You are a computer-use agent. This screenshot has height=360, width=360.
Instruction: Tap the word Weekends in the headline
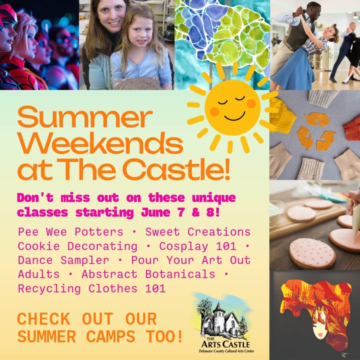[100, 143]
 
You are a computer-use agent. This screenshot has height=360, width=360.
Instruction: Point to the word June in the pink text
[155, 212]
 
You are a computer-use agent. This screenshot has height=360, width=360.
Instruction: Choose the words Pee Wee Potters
[70, 232]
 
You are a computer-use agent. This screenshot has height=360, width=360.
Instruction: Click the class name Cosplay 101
[197, 246]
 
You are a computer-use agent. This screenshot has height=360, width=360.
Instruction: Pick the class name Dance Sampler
[63, 260]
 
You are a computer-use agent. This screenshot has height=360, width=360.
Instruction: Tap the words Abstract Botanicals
[148, 274]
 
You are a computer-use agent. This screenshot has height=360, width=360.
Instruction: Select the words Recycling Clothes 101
[91, 288]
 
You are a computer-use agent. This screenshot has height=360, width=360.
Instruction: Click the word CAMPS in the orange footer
[110, 336]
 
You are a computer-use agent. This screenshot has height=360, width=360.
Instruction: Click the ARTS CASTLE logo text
[225, 344]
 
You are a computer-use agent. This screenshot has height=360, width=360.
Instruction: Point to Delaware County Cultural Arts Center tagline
[226, 351]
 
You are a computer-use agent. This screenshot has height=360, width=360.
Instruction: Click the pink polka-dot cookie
[312, 253]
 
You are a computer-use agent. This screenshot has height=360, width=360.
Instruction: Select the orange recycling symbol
[316, 131]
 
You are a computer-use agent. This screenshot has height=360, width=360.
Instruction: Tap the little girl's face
[140, 32]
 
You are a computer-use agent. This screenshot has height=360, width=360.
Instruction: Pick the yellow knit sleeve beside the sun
[282, 116]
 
